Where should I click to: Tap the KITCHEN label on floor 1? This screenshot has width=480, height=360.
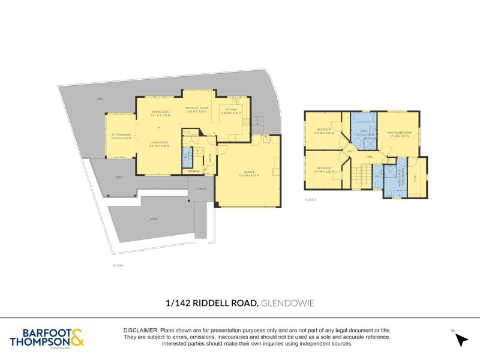click(231, 110)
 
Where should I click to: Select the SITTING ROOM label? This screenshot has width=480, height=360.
click(121, 136)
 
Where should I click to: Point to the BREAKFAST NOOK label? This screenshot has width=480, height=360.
click(197, 108)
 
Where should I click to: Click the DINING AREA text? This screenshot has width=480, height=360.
click(160, 111)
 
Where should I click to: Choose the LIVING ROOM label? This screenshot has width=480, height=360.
click(159, 143)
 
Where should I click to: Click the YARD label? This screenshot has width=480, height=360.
click(154, 219)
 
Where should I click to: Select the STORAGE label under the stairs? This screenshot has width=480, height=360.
click(194, 172)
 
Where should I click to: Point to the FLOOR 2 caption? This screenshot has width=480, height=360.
click(310, 199)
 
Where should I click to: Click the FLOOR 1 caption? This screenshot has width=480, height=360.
click(118, 265)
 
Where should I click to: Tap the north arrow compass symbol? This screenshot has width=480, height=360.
click(461, 340)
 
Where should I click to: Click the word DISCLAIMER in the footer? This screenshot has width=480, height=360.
click(140, 331)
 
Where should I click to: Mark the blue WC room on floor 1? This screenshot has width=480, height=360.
click(185, 157)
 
